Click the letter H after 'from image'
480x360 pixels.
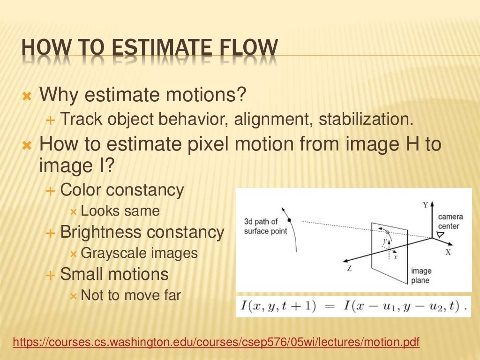point(411,144)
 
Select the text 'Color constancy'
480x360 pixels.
point(122,190)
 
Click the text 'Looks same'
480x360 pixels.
point(120,211)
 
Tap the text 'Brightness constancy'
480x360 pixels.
point(142,232)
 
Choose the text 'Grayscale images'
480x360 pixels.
point(139,254)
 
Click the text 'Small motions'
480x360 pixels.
point(114,274)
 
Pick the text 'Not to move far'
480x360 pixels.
point(131,296)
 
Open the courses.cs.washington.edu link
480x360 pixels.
point(216,343)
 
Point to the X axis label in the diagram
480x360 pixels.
point(448,252)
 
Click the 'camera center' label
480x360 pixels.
point(450,222)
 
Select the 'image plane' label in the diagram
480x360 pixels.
point(421,276)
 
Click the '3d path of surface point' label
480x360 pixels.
point(265,226)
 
